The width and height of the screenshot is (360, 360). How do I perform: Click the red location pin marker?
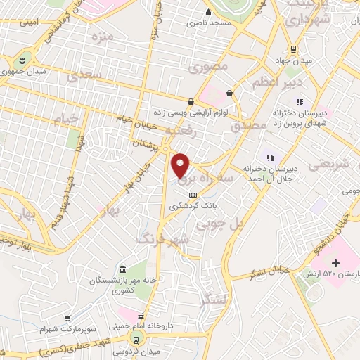pos(181,165)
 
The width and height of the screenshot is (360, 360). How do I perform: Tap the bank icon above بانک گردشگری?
pos(192,194)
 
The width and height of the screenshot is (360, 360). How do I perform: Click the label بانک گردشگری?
pos(193,206)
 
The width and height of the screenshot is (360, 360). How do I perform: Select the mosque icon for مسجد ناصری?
pos(207,13)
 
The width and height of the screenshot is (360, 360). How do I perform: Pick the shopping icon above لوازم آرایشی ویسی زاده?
pos(191,101)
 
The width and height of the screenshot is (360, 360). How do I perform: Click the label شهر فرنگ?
pos(165,240)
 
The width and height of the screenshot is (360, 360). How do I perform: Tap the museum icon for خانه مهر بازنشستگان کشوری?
pos(123,271)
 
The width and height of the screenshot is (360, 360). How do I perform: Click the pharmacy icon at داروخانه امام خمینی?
pos(141,317)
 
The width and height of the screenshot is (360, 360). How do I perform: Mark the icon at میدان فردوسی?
pos(137,333)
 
